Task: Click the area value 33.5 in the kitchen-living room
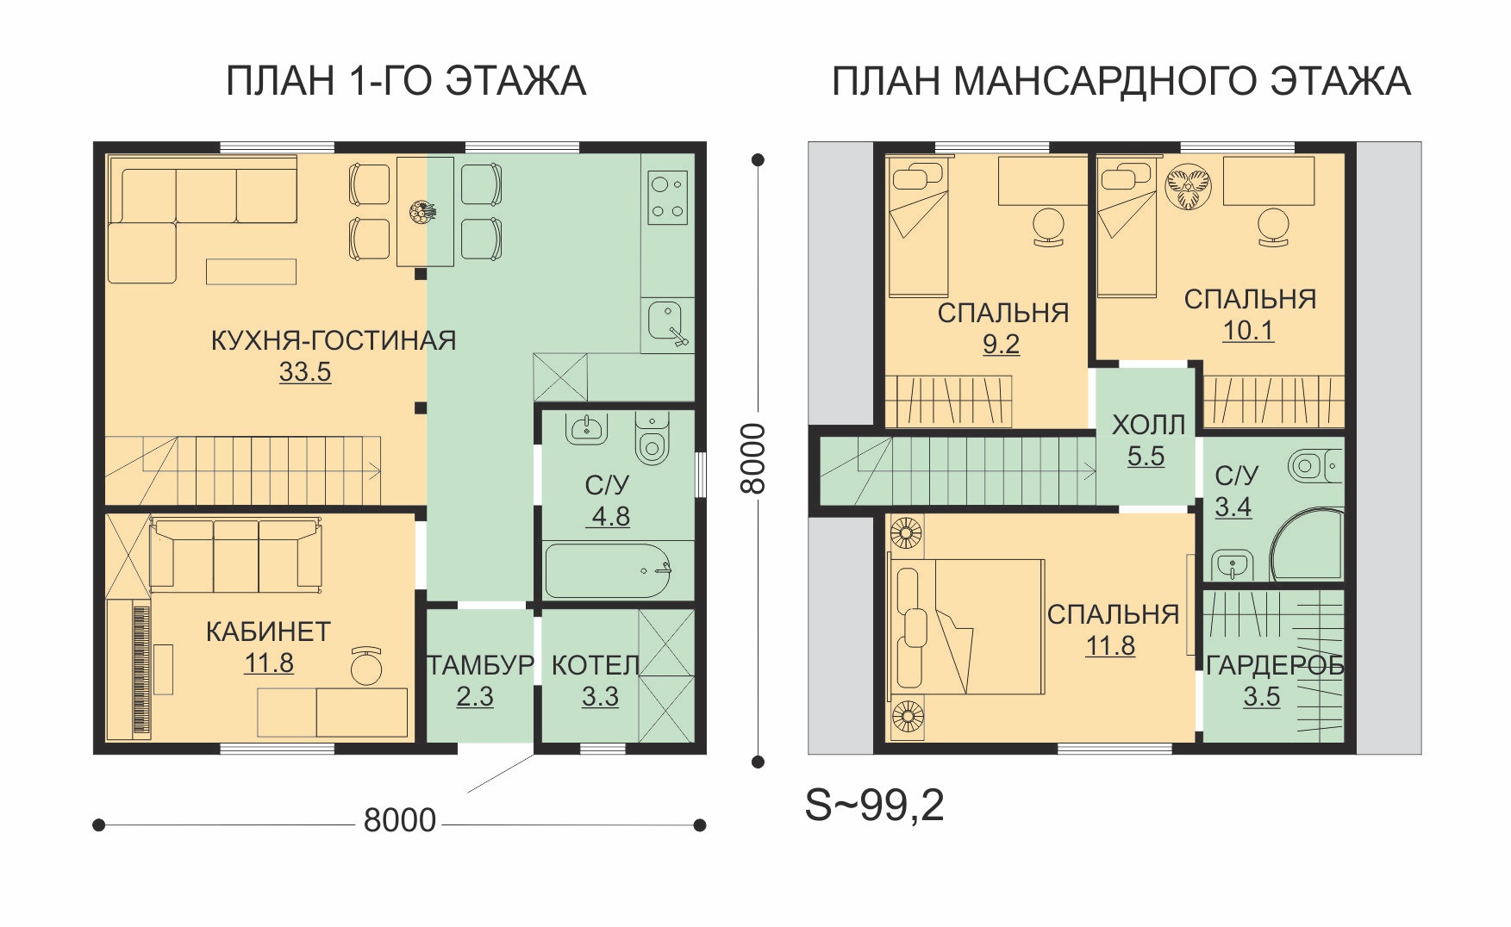305,372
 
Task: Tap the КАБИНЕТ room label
268,631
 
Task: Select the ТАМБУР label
481,666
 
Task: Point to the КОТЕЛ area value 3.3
600,696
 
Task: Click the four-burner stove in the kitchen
668,198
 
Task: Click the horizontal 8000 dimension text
399,820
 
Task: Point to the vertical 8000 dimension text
752,458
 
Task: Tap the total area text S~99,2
874,806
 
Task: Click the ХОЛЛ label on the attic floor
1148,425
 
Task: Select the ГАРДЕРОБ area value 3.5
1261,697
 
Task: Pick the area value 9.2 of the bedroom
1001,345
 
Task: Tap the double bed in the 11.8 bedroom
968,626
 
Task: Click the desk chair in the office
368,666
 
